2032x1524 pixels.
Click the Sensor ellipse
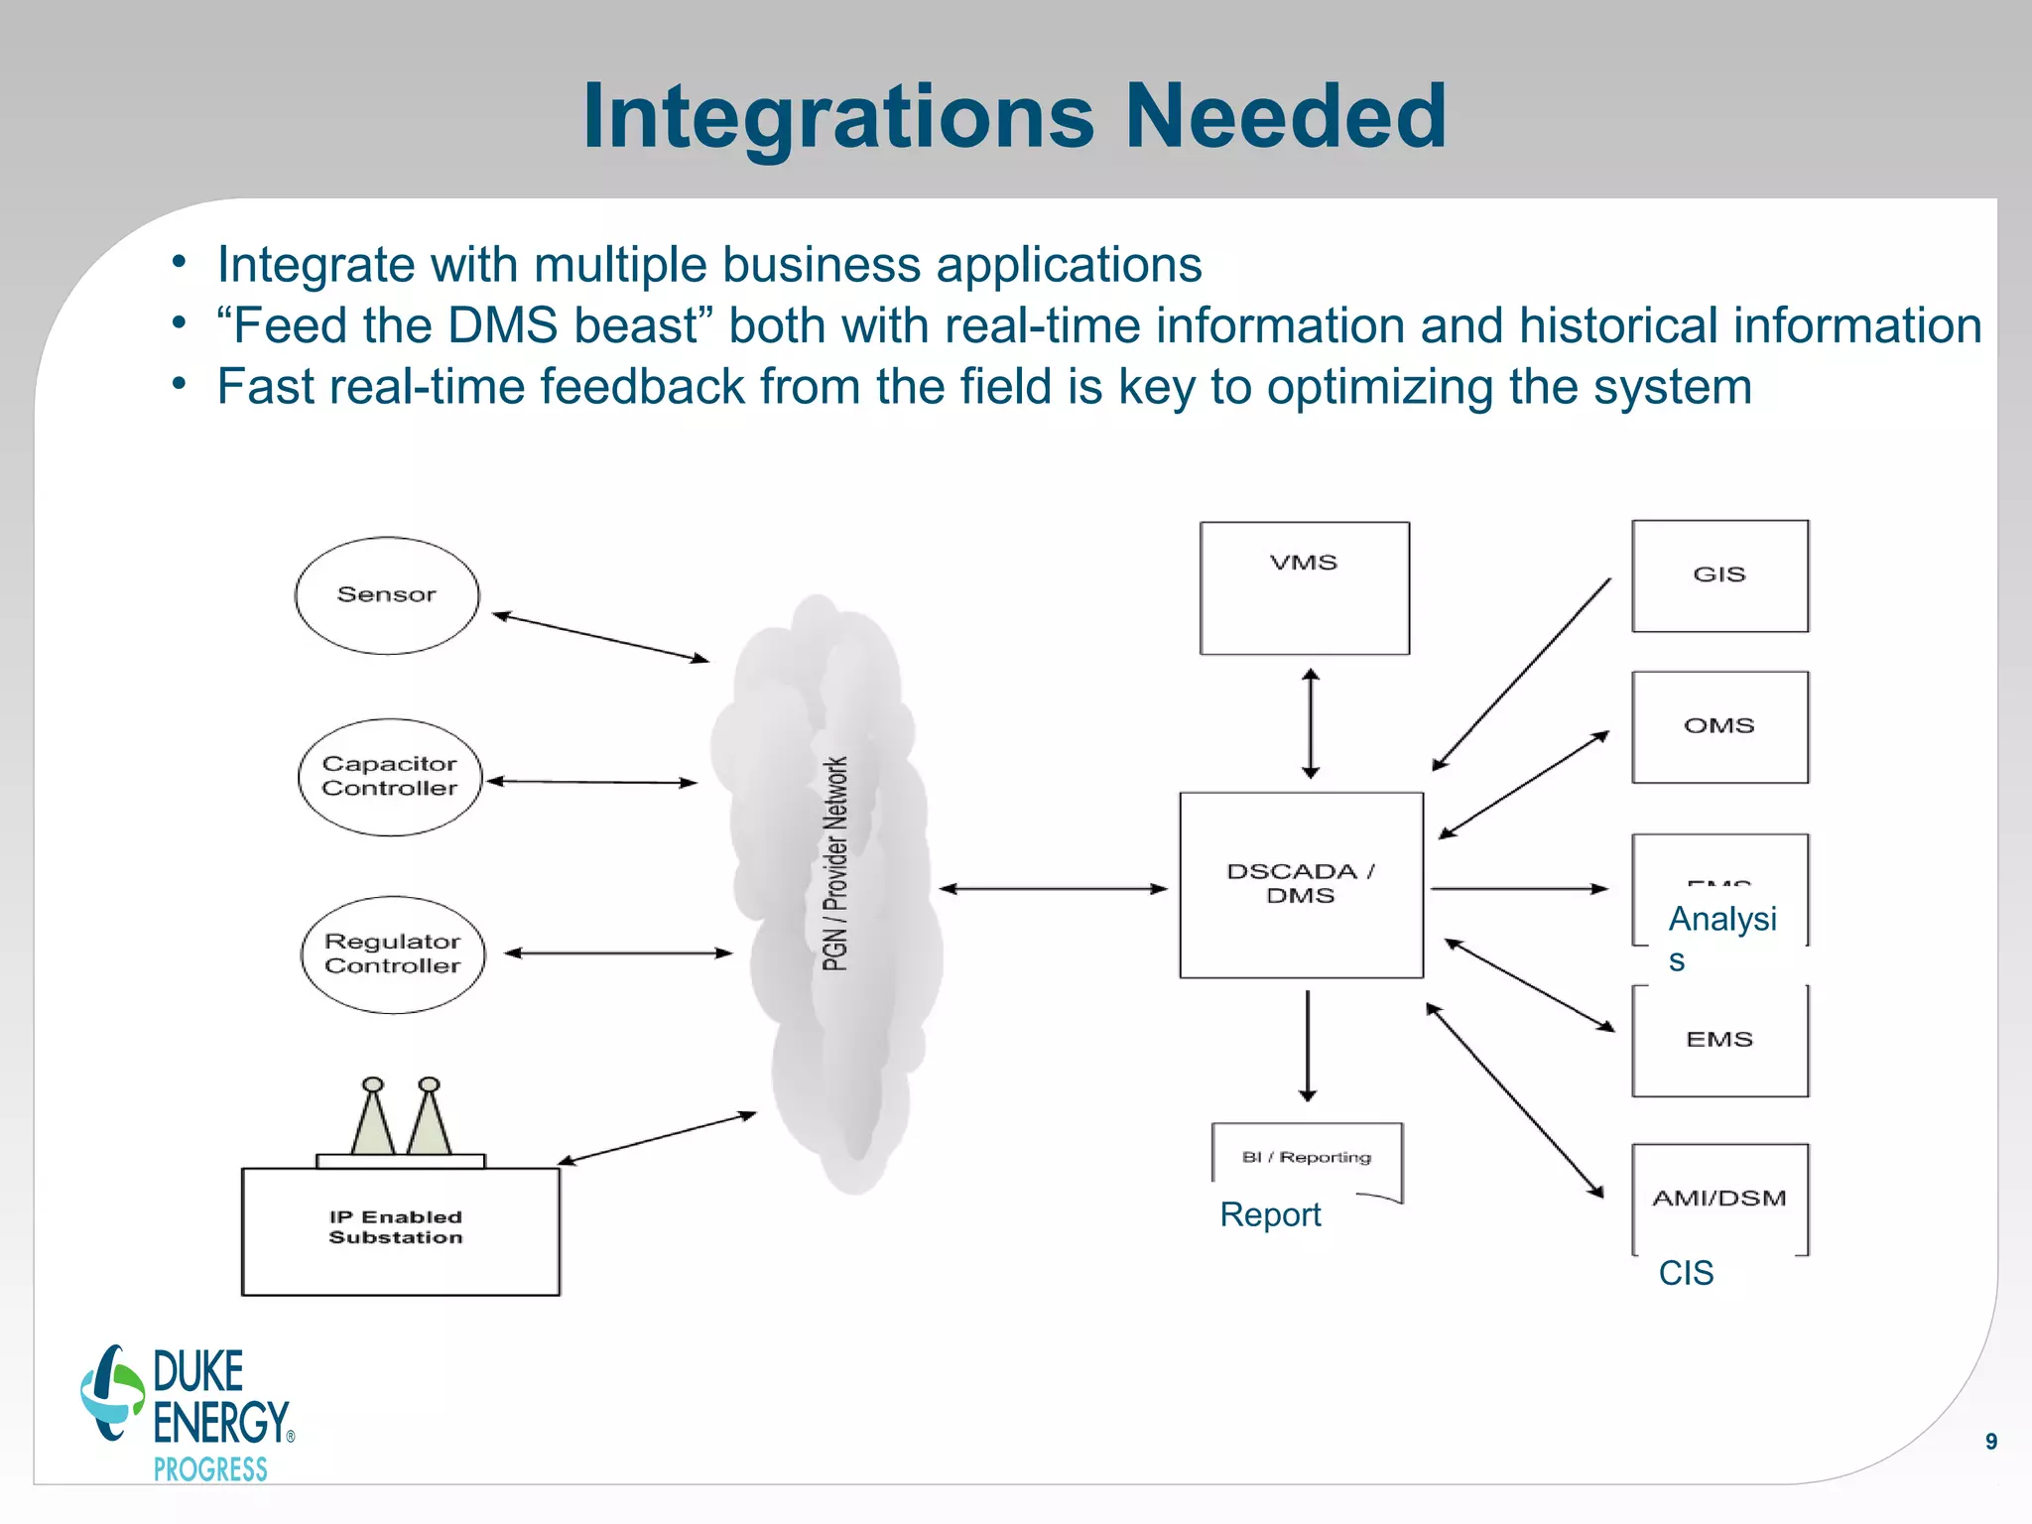(x=387, y=595)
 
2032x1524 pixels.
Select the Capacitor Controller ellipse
(x=390, y=777)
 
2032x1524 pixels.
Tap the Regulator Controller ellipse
(x=393, y=954)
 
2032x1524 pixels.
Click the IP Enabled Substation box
(x=400, y=1230)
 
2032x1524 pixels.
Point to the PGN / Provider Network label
(x=835, y=863)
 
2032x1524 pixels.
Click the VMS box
(x=1304, y=587)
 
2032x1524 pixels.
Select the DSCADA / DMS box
(x=1301, y=884)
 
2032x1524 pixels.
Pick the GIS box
(x=1719, y=575)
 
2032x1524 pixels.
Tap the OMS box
(x=1719, y=726)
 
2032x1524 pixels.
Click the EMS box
(x=1719, y=1040)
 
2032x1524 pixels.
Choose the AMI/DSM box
(x=1719, y=1198)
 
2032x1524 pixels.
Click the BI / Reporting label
(x=1306, y=1157)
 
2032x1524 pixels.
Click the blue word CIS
(x=1686, y=1273)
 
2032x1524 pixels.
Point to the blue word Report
(x=1270, y=1214)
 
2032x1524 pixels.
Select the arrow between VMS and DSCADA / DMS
(x=1311, y=723)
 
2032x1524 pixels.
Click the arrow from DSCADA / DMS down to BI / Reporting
(x=1308, y=1046)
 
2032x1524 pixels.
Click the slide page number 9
(x=1990, y=1442)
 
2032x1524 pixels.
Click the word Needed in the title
(x=1285, y=117)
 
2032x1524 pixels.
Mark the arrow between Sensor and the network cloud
(x=600, y=637)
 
